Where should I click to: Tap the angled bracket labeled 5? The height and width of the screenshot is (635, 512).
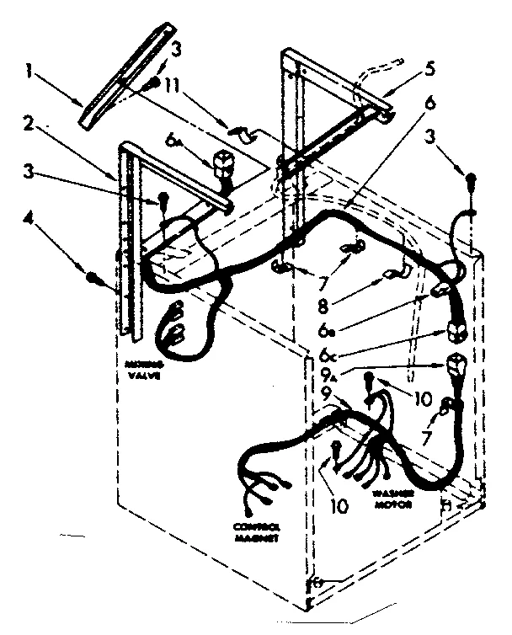[x=337, y=126]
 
